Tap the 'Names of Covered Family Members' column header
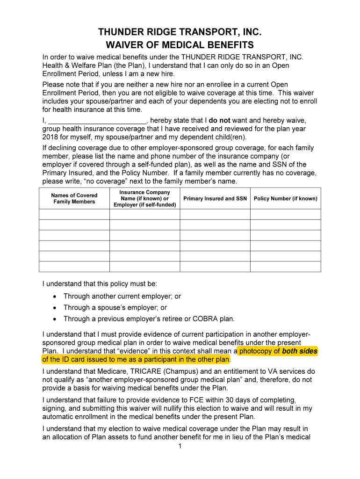74,198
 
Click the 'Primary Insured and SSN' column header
215,198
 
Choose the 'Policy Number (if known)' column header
285,198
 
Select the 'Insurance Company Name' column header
144,198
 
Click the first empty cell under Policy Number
285,214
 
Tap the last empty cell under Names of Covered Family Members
74,266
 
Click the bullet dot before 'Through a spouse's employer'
55,308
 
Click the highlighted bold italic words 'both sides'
299,351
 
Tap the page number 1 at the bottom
180,446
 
